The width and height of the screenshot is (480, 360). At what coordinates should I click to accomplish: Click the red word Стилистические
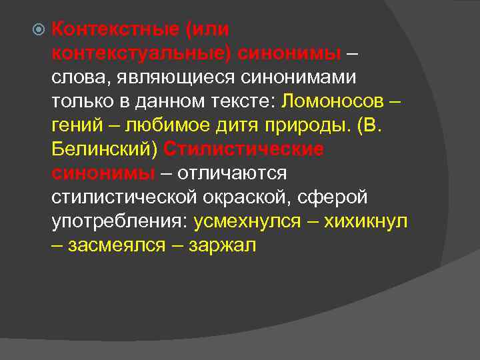pos(243,149)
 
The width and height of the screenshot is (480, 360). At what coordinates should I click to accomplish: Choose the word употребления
pos(119,221)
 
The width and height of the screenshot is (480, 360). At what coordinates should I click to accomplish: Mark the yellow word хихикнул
pos(365,221)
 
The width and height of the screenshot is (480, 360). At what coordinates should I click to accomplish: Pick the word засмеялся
pos(117,245)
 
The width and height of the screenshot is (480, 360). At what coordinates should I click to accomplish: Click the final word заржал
pos(223,245)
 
